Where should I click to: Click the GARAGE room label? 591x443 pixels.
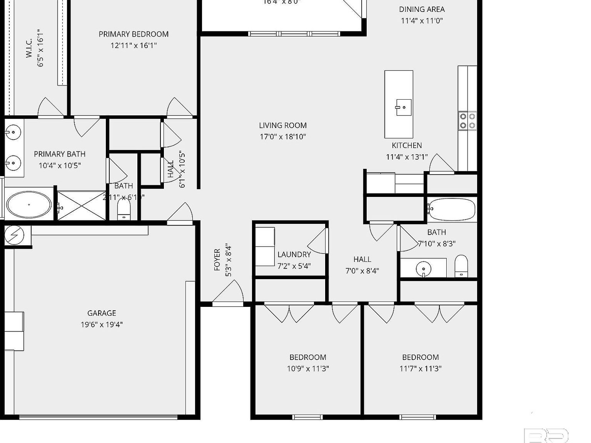102,313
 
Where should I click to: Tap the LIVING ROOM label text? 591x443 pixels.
283,125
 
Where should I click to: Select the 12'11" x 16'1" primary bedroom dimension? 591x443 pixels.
134,45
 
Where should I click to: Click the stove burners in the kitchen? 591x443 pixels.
467,121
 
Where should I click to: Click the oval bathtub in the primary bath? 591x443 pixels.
29,205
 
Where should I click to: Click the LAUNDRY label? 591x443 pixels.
294,255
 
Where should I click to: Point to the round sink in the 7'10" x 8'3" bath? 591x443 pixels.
423,268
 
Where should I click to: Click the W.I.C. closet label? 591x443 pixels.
29,48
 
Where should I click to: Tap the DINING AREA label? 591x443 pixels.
422,9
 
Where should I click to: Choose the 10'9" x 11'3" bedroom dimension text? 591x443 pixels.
308,368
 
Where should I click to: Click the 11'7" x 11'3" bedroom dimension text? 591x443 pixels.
421,368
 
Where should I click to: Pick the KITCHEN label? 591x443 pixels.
407,145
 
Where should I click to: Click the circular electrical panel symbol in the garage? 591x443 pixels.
14,235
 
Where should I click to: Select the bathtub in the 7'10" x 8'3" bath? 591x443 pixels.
452,209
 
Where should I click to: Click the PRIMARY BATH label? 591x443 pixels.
60,154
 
